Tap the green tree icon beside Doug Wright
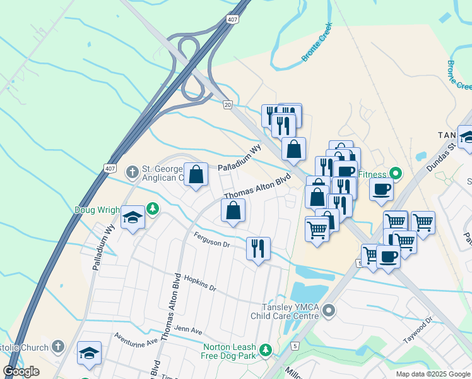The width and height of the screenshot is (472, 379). tap(151, 208)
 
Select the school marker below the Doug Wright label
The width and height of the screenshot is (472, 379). tap(133, 218)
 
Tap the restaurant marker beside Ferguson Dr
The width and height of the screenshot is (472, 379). tap(257, 248)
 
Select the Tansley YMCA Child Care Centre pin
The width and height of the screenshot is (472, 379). tap(329, 311)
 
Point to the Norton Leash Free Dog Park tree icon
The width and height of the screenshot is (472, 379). tap(266, 349)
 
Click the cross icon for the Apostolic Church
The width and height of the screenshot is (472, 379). tap(57, 347)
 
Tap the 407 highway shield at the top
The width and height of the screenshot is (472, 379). tap(233, 20)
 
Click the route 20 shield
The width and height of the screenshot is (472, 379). tap(228, 104)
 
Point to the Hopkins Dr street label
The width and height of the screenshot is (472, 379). tap(196, 282)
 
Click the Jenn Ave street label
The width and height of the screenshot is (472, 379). tap(189, 330)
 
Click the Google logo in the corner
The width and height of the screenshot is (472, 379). tap(21, 371)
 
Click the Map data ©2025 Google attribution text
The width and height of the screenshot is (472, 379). tap(432, 374)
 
